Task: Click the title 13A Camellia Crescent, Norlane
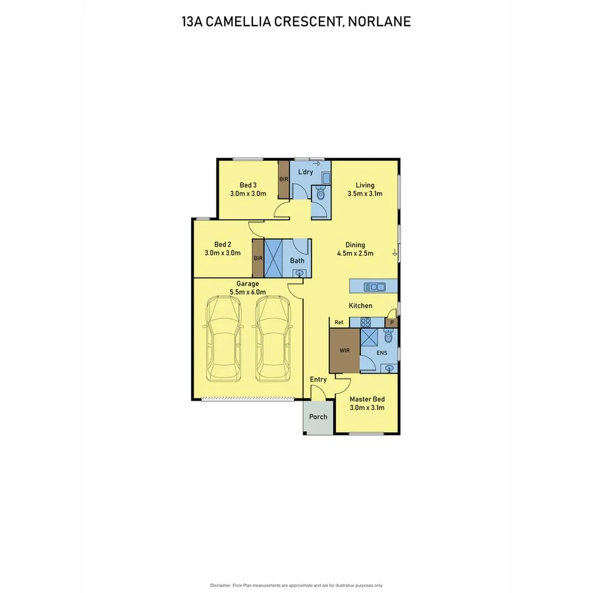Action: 296,21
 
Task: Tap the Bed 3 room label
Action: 248,185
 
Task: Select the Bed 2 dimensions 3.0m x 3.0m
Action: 223,252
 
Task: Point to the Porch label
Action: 318,416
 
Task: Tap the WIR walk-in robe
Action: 345,351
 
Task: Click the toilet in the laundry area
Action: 320,193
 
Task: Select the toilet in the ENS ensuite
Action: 388,337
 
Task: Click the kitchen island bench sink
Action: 377,287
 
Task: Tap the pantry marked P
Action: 391,322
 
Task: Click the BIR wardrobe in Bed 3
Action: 283,179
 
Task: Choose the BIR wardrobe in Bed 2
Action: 258,258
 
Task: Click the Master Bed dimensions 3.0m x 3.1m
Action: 367,408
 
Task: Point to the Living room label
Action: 365,185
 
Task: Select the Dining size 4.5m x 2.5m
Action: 355,253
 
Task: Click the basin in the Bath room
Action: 299,273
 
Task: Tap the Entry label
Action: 318,380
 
